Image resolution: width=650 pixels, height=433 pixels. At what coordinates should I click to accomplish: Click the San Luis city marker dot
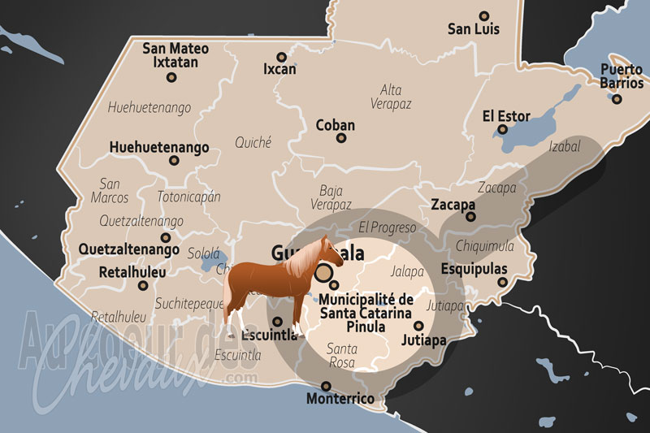pyautogui.click(x=484, y=15)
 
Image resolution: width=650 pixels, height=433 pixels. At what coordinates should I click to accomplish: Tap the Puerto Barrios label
pyautogui.click(x=622, y=76)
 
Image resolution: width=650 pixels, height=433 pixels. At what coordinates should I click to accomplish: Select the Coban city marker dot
pyautogui.click(x=341, y=138)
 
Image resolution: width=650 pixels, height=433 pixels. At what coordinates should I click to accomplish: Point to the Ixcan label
pyautogui.click(x=279, y=70)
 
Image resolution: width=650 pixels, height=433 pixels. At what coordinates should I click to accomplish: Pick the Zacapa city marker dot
pyautogui.click(x=470, y=217)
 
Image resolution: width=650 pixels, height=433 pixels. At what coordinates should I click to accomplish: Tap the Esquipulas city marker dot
pyautogui.click(x=503, y=282)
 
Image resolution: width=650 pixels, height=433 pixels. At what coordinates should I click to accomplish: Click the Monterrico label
pyautogui.click(x=340, y=399)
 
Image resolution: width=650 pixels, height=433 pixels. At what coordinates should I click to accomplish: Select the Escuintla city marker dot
pyautogui.click(x=278, y=321)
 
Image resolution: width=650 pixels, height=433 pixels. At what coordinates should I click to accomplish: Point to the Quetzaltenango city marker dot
pyautogui.click(x=166, y=238)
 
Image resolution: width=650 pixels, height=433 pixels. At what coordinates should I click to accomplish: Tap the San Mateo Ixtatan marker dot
pyautogui.click(x=171, y=77)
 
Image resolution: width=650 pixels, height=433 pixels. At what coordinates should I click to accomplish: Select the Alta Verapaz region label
pyautogui.click(x=391, y=97)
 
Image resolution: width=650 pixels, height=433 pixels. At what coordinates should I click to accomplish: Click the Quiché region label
pyautogui.click(x=253, y=142)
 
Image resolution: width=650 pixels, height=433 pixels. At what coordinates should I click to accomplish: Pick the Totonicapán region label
pyautogui.click(x=188, y=197)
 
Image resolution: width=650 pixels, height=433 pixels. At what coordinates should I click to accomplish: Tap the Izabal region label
pyautogui.click(x=565, y=147)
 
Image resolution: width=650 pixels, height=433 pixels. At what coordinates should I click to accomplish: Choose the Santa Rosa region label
pyautogui.click(x=341, y=355)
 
